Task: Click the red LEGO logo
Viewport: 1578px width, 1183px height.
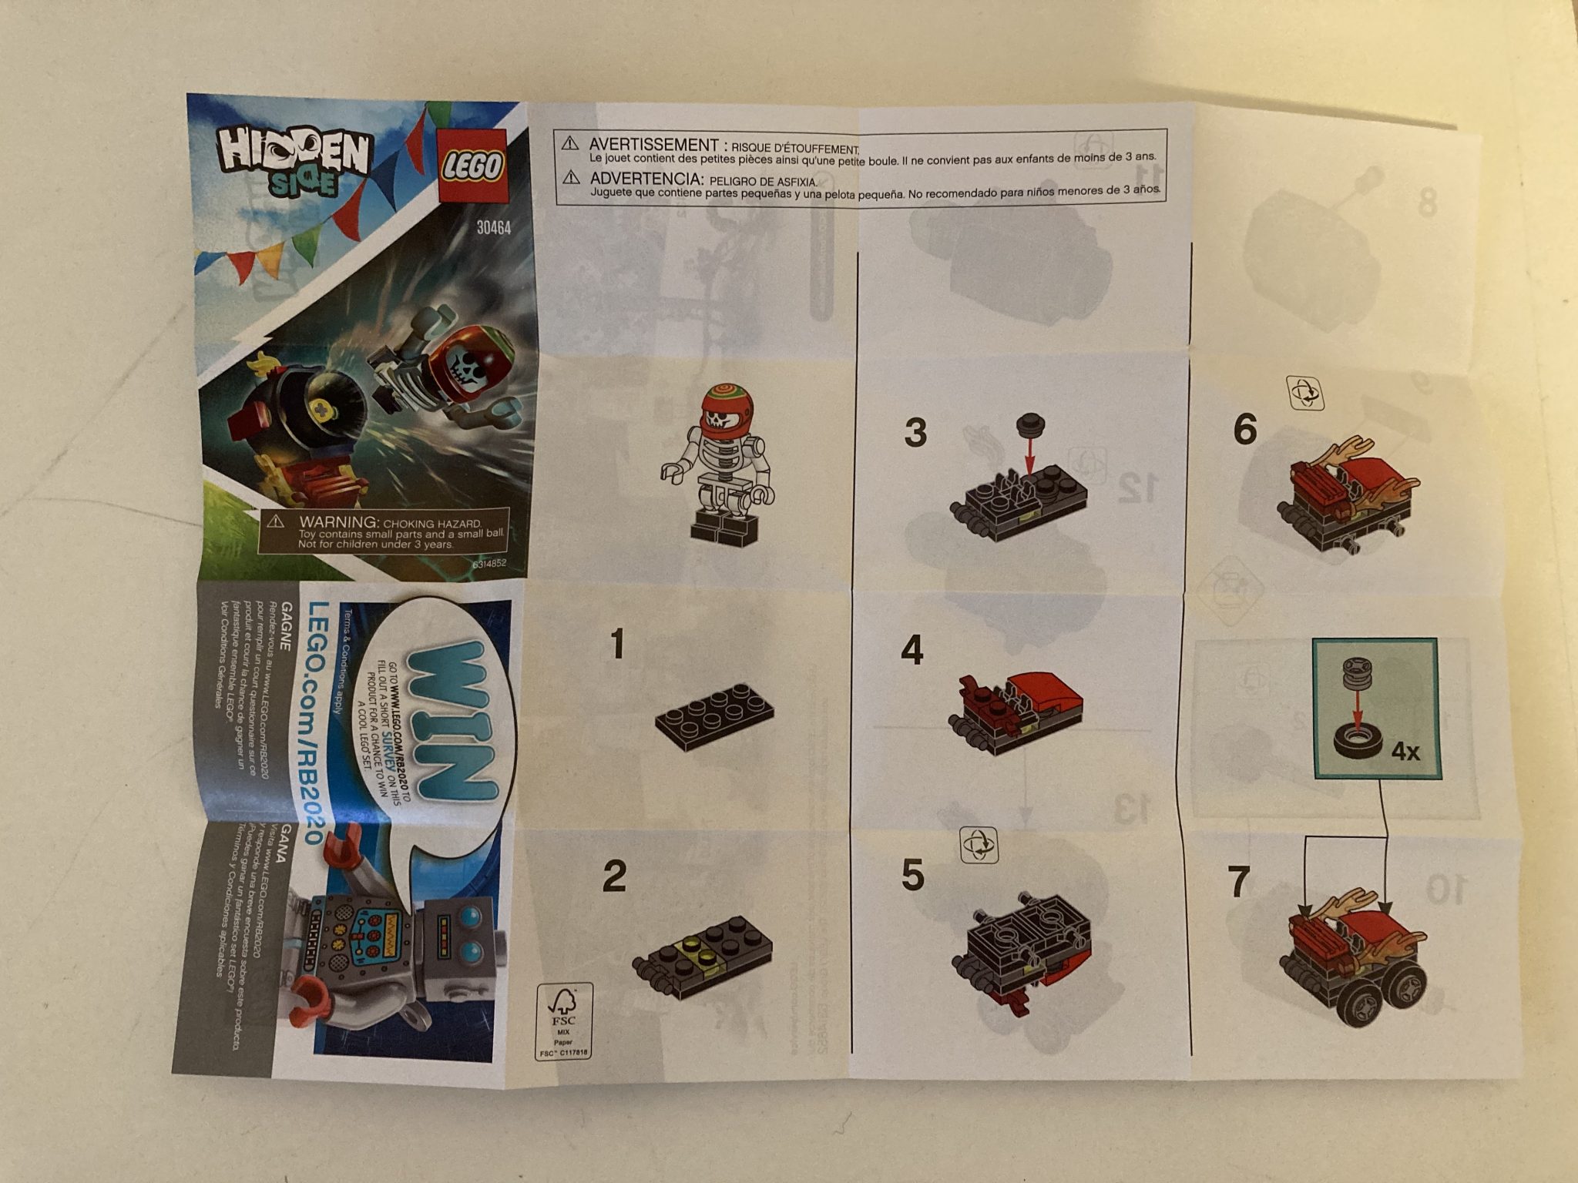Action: pyautogui.click(x=472, y=166)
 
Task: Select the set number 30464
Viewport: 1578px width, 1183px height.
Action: pyautogui.click(x=493, y=228)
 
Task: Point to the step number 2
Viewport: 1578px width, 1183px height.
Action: pyautogui.click(x=614, y=876)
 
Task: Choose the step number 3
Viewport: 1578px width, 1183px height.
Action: pyautogui.click(x=915, y=433)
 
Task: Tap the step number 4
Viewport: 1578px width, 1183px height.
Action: pyautogui.click(x=912, y=652)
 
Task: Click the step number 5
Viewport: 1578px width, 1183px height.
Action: pyautogui.click(x=912, y=876)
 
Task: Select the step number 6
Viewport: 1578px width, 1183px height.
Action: pyautogui.click(x=1244, y=430)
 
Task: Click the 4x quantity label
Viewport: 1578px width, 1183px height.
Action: pyautogui.click(x=1405, y=752)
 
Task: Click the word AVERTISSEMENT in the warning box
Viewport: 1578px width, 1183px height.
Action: pyautogui.click(x=653, y=145)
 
